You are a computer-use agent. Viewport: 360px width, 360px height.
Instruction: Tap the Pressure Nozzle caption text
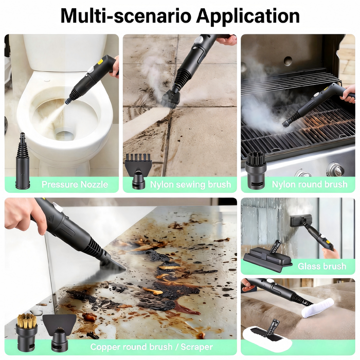75,184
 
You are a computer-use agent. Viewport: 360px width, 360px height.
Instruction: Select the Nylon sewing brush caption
190,184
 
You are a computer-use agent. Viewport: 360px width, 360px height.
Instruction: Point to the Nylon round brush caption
310,184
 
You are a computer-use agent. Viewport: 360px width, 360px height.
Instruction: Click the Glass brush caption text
322,266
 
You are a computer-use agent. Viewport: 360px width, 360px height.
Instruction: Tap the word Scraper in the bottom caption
197,347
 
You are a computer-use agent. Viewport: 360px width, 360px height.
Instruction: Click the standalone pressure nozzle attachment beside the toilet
23,160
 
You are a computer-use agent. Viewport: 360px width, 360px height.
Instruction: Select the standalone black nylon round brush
256,171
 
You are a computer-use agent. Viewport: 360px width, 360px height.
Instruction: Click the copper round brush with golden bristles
26,332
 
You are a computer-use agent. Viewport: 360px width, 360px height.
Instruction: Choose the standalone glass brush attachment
268,257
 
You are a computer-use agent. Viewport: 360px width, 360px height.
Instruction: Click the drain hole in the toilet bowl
65,135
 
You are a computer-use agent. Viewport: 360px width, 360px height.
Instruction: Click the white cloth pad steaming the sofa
318,308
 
